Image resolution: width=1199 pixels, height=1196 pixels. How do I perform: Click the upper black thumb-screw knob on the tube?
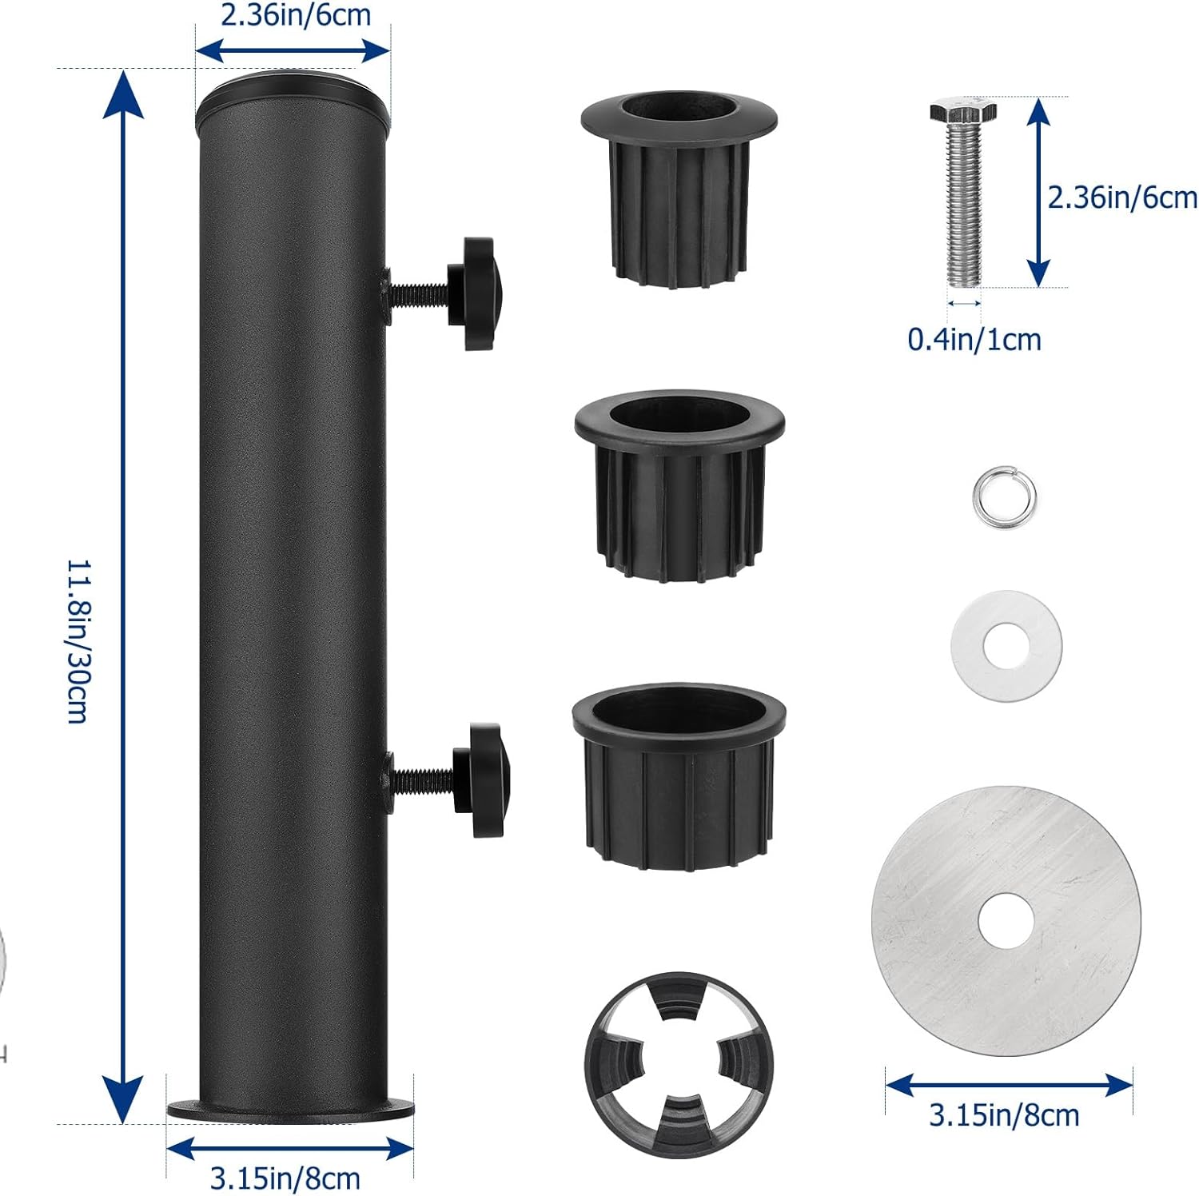click(x=475, y=293)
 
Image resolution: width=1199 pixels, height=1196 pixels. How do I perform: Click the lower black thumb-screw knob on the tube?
click(x=480, y=780)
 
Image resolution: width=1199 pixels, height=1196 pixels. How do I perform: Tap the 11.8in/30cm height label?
click(x=78, y=641)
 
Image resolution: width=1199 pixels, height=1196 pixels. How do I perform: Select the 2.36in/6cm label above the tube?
click(x=296, y=15)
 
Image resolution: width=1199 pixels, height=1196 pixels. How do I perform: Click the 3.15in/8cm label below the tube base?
click(x=285, y=1178)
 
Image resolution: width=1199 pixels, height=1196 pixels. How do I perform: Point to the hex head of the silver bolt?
click(x=963, y=111)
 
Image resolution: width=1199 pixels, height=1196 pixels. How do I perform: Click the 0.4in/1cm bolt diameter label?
click(x=974, y=340)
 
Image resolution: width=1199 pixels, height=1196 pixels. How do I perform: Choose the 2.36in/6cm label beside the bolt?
click(x=1122, y=197)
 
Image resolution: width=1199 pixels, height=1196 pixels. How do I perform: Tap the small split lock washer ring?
click(x=1005, y=498)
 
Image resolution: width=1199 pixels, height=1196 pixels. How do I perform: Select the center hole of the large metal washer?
click(x=1006, y=921)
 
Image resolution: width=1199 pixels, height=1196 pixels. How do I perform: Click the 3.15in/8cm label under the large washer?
click(x=1004, y=1115)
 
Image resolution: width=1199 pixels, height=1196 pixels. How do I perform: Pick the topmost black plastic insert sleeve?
click(x=679, y=189)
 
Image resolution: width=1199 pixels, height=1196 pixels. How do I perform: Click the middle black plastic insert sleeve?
click(x=679, y=486)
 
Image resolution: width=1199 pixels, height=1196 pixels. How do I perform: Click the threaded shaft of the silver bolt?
click(x=964, y=205)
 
